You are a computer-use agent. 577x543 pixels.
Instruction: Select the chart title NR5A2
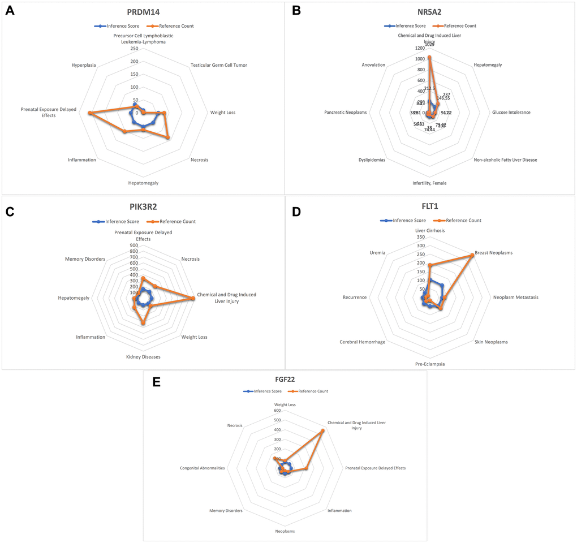pyautogui.click(x=429, y=11)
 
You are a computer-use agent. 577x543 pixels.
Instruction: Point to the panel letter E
pyautogui.click(x=157, y=382)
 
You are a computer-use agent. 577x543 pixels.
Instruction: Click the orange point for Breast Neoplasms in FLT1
pyautogui.click(x=472, y=255)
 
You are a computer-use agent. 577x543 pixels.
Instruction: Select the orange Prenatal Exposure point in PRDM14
pyautogui.click(x=89, y=114)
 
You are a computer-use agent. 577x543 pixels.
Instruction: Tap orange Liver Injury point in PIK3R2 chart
pyautogui.click(x=193, y=299)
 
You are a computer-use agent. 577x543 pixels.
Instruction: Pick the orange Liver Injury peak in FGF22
pyautogui.click(x=322, y=430)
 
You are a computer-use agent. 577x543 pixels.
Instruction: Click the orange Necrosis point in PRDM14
pyautogui.click(x=168, y=137)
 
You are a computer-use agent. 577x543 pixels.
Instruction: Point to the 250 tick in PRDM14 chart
pyautogui.click(x=134, y=49)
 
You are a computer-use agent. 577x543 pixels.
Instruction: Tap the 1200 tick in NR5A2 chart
pyautogui.click(x=419, y=49)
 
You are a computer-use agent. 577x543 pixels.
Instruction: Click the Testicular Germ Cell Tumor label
pyautogui.click(x=219, y=65)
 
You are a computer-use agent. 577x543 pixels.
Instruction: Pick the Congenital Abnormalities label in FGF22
pyautogui.click(x=202, y=468)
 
